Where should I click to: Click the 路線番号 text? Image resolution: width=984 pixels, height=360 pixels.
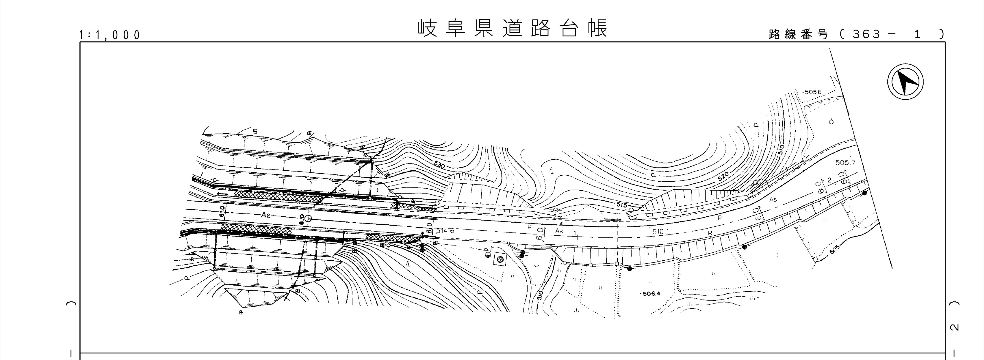(798, 34)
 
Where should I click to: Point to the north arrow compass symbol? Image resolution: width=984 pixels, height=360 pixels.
(905, 82)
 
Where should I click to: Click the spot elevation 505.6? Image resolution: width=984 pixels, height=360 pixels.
(813, 92)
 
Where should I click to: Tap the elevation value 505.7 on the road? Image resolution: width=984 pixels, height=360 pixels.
(845, 162)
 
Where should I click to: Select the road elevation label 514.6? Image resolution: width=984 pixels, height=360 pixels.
(445, 231)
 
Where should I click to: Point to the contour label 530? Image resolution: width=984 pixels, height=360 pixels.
(440, 165)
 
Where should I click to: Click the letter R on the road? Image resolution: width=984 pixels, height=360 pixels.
(710, 233)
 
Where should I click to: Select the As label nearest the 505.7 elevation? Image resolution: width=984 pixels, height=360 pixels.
(773, 199)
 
